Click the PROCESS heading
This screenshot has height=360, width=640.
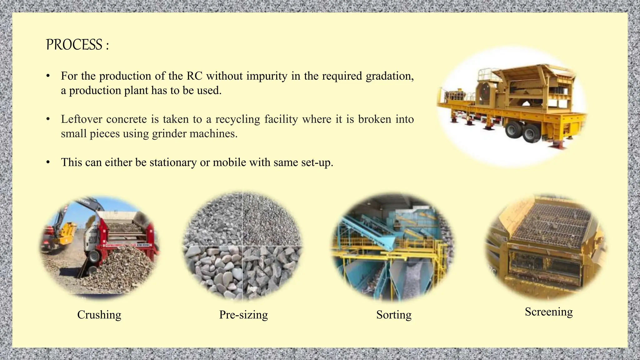[77, 45]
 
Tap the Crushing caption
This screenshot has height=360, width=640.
[99, 315]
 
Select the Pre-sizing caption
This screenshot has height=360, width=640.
[243, 315]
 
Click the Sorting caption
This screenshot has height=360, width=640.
[394, 315]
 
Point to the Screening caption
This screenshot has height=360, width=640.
[549, 312]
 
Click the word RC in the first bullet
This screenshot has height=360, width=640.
[194, 76]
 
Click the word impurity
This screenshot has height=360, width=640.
[267, 76]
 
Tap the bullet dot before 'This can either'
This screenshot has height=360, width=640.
[48, 162]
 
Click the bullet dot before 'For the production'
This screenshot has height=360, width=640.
[48, 76]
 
